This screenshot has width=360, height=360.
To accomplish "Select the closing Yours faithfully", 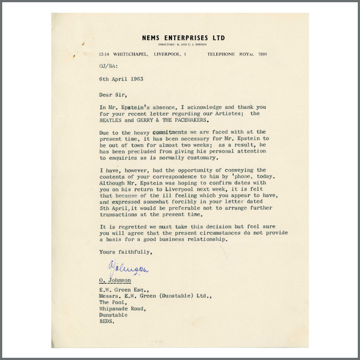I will tap(126, 252).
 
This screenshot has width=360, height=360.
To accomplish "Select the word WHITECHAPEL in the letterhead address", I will tap(132, 54).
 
